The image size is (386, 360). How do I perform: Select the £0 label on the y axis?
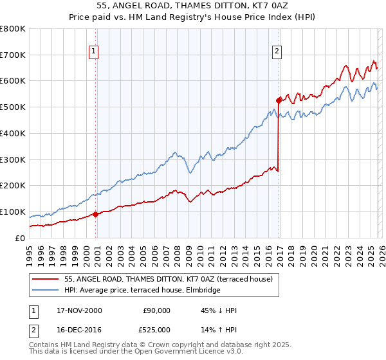pyautogui.click(x=20, y=238)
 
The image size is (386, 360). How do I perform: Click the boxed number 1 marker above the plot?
pyautogui.click(x=94, y=51)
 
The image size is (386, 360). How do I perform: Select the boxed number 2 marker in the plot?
pyautogui.click(x=277, y=51)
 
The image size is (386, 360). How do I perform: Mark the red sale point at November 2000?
pyautogui.click(x=96, y=214)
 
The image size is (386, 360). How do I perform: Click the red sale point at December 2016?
pyautogui.click(x=279, y=100)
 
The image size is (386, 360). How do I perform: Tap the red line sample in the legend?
pyautogui.click(x=46, y=279)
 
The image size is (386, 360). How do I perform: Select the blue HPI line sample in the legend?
pyautogui.click(x=46, y=290)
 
